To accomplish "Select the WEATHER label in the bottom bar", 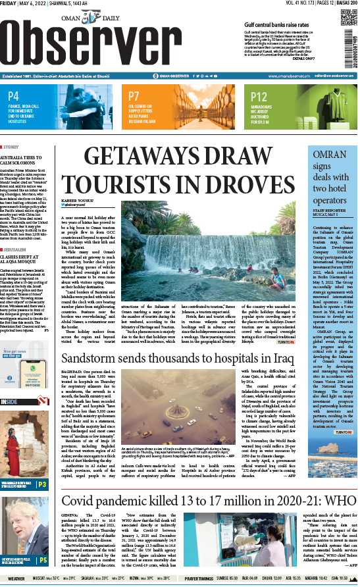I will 13,579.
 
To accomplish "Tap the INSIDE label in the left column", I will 9,382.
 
